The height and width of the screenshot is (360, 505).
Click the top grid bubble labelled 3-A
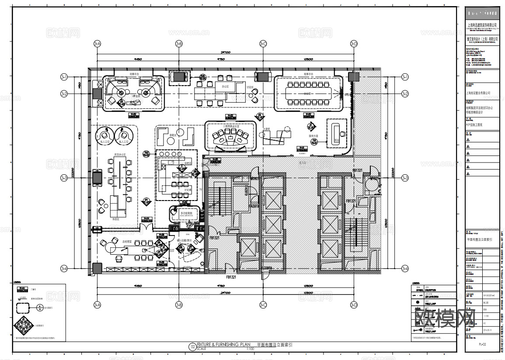(97, 43)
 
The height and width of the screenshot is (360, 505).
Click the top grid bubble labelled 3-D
(354, 43)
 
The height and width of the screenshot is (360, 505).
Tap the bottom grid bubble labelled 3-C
(263, 305)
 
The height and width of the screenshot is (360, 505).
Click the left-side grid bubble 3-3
(64, 178)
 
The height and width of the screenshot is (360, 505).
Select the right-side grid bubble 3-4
(405, 268)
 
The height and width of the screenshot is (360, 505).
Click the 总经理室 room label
(127, 241)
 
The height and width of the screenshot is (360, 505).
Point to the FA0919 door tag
(254, 206)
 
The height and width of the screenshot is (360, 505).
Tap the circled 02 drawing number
(192, 347)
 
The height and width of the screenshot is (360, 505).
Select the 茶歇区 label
(173, 135)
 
